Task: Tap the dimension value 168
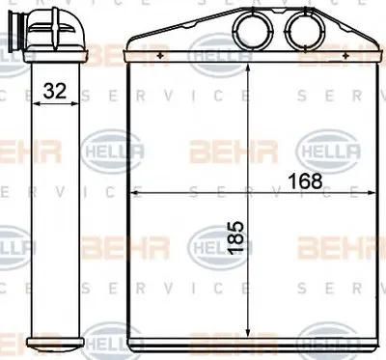click(306, 179)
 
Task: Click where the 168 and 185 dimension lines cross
click(249, 193)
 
